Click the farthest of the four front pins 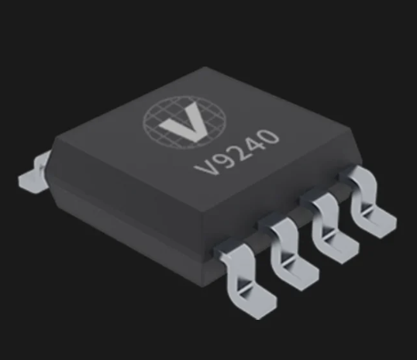(x=364, y=201)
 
